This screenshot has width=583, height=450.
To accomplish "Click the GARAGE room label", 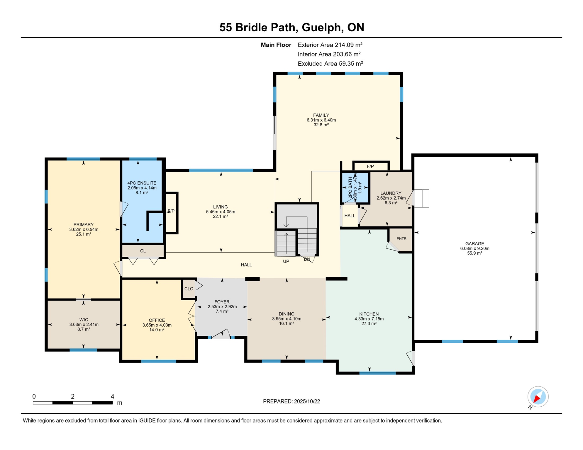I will coord(474,243).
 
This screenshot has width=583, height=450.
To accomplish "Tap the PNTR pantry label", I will coord(401,238).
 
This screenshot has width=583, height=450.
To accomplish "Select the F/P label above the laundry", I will coord(370,166).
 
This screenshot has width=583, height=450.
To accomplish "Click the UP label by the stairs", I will coord(286,261).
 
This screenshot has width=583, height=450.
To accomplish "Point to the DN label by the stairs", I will coord(307,259).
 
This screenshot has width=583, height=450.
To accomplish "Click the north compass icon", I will coord(538,397).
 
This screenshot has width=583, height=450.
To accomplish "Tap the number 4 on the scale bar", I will coord(112,396).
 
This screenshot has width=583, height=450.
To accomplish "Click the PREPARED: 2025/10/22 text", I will coord(291,401).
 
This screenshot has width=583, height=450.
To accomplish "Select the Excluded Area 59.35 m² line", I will coord(330,64).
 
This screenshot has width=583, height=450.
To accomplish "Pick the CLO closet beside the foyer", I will coord(189,289).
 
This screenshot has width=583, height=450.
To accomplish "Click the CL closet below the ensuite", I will coord(143,251).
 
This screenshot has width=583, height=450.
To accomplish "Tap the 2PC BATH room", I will coord(355,187).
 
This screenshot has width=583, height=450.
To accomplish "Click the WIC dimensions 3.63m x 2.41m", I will coord(84,325).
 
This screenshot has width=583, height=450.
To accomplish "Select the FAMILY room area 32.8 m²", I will coord(321,125).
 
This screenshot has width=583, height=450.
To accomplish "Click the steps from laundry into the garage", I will coord(422,198).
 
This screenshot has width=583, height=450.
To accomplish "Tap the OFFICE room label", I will coord(157,320).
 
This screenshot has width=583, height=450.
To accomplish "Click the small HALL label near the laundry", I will coord(350,216).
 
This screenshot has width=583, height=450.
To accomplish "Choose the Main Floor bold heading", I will coord(276,45).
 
